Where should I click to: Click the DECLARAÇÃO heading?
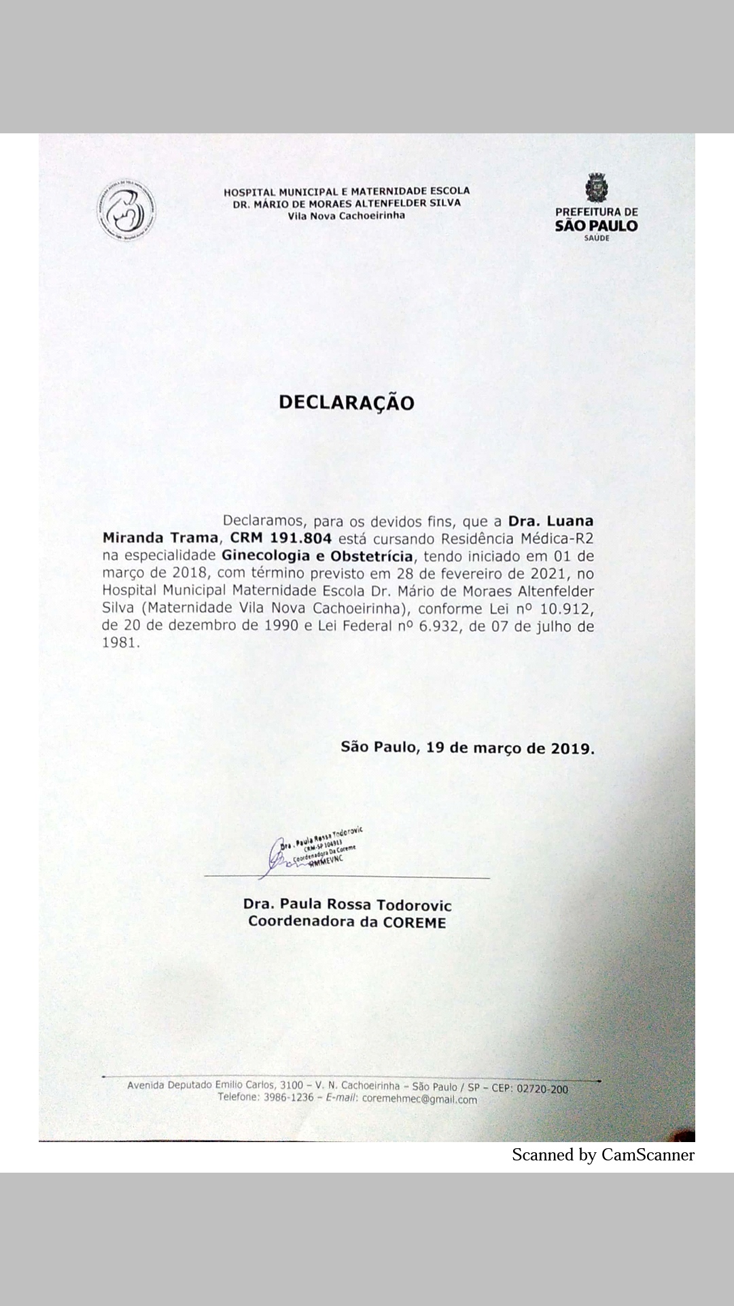(346, 403)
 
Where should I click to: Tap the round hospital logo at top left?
(126, 212)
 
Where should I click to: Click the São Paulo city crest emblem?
(596, 188)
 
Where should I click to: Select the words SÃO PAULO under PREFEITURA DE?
(596, 226)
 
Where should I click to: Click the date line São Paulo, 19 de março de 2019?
(468, 748)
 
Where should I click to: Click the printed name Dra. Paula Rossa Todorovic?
(347, 905)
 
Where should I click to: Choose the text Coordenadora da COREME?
(347, 922)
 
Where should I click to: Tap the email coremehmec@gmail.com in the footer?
(419, 1099)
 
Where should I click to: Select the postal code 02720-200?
(542, 1089)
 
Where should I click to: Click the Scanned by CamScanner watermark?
(603, 1154)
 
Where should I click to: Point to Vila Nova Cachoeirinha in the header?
(346, 216)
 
